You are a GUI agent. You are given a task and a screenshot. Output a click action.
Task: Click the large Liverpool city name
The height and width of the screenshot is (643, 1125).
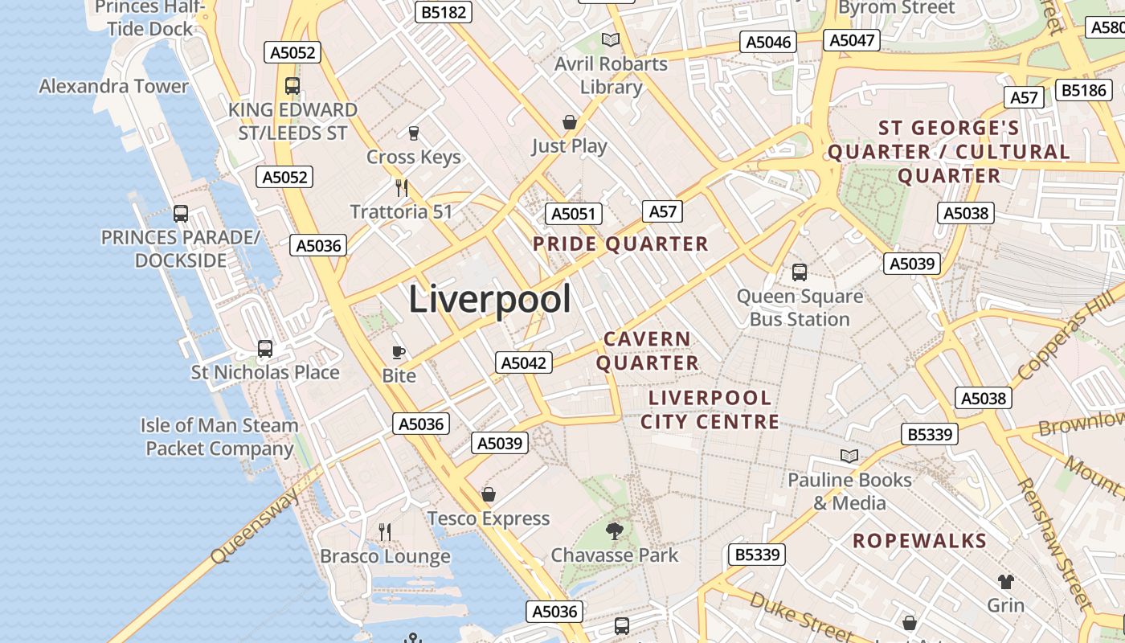(490, 300)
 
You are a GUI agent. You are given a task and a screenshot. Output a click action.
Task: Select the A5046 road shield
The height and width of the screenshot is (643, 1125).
(769, 43)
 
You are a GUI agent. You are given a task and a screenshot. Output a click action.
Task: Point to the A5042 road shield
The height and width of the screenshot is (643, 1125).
(524, 362)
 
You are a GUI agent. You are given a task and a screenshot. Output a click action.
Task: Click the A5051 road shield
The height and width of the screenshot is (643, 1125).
(573, 214)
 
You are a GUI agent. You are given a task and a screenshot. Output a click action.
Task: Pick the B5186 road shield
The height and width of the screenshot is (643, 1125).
(1084, 90)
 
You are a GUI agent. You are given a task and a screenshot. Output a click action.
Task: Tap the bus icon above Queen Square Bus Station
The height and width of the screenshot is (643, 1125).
(800, 272)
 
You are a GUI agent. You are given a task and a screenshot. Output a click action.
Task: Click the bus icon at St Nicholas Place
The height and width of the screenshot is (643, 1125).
(265, 349)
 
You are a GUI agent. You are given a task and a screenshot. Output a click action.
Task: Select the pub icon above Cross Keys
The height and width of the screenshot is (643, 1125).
(414, 133)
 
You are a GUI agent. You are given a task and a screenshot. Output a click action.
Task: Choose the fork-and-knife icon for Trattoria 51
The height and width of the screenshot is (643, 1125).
(402, 188)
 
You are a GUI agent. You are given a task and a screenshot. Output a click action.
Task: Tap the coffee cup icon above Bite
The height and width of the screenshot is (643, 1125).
(398, 352)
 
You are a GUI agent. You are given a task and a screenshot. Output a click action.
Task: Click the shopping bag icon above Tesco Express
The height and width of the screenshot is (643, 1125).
(489, 494)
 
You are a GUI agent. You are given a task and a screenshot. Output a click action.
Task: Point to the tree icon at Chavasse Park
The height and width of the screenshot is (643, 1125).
(615, 531)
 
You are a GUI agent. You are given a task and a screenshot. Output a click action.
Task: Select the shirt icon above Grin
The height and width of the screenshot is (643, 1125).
(1005, 581)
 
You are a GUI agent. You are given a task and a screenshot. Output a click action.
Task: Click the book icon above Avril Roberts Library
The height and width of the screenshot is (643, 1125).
(611, 39)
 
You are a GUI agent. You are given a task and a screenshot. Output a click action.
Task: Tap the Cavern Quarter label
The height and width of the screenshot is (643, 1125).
(647, 351)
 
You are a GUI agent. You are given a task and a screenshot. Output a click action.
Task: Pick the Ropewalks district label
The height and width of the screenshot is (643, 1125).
(919, 541)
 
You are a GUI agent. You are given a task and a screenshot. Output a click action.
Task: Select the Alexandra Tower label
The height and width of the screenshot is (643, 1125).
(113, 86)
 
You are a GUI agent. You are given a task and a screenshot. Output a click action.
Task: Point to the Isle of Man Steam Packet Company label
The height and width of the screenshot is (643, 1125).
(219, 436)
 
